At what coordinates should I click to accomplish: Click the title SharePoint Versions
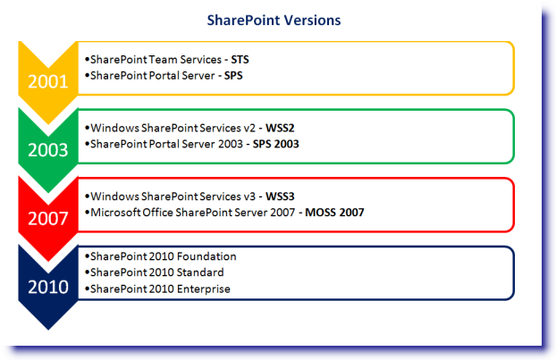coord(274,21)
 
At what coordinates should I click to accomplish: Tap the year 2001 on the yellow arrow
coord(48,81)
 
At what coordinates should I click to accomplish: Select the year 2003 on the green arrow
coord(48,150)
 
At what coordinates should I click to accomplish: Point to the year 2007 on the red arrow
coord(48,218)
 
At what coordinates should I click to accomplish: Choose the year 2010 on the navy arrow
coord(48,287)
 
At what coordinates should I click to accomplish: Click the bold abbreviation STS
coord(240,60)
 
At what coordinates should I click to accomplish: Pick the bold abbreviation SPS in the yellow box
coord(233,75)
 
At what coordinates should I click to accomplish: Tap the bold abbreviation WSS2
coord(280,128)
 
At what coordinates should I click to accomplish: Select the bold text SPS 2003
coord(276,144)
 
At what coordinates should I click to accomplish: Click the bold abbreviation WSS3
coord(280,197)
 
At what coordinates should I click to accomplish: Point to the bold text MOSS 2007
coord(334,213)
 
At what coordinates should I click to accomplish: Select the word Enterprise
coord(204,289)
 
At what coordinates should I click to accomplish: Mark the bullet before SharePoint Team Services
coord(87,60)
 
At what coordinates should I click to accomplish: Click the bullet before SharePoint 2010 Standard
coord(87,272)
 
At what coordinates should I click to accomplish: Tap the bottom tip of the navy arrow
coord(48,330)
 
